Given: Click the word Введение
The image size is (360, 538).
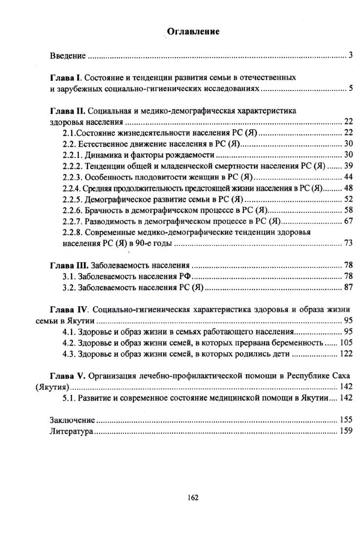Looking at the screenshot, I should [68, 56].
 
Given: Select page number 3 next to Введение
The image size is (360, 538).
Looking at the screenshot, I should [351, 55].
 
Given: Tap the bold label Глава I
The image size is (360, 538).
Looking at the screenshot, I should [66, 78].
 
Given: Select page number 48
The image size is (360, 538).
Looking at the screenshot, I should [348, 188].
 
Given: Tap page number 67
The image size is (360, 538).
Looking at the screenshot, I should [348, 221].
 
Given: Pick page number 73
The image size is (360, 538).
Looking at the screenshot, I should [348, 243].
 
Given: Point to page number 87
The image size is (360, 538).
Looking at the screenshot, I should [348, 287].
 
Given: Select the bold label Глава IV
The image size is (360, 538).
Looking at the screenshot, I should [69, 310].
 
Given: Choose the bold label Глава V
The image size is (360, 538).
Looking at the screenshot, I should [67, 376].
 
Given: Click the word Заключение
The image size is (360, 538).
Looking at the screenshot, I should [72, 420].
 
